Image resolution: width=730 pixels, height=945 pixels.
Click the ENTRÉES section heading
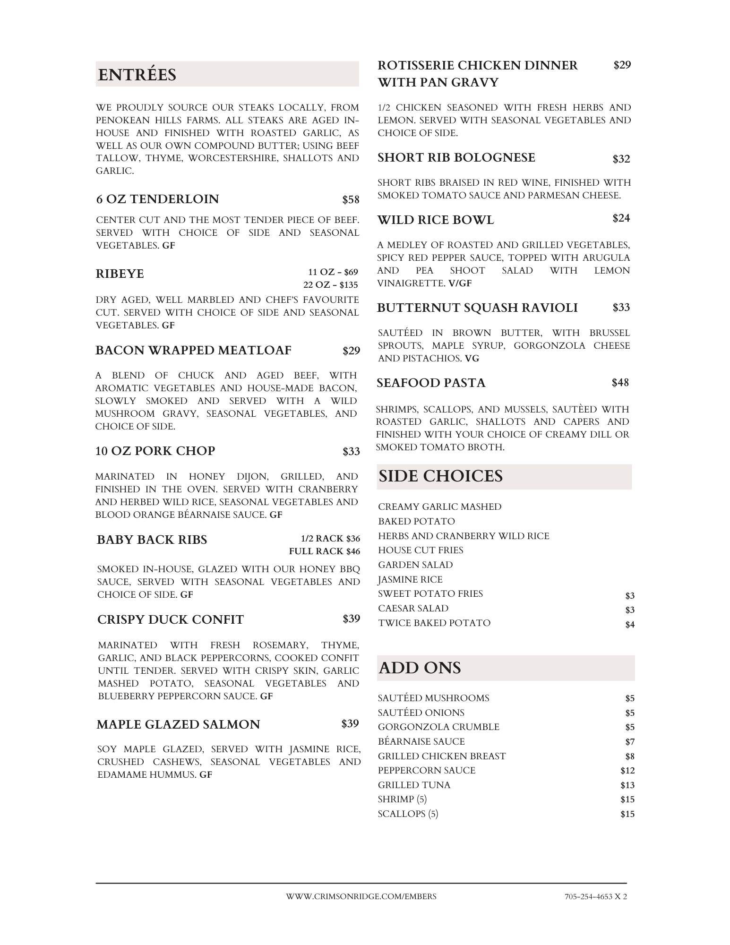point(137,75)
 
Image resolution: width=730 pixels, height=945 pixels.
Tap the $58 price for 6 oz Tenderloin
point(351,200)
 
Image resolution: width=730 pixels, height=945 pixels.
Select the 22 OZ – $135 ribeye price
point(330,285)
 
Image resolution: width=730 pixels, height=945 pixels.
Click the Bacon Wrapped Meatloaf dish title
point(193,351)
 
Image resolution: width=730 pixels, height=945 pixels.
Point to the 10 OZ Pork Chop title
point(155,451)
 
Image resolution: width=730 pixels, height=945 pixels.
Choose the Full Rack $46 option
point(324,551)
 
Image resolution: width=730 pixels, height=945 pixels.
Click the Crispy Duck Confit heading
point(170,620)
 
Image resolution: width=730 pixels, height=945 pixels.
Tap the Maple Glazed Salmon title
point(178,725)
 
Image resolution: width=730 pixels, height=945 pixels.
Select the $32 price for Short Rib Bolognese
point(621,159)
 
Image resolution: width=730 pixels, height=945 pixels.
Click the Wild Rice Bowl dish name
point(435,220)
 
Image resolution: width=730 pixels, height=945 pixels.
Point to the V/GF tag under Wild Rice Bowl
point(460,283)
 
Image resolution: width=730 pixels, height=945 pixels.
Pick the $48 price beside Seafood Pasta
point(620,383)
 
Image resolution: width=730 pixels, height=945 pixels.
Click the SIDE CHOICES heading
point(440,476)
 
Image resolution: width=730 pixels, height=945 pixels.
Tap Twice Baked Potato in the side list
point(434,623)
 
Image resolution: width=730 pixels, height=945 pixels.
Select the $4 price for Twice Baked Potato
point(629,625)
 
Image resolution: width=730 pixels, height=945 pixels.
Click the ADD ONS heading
point(420,668)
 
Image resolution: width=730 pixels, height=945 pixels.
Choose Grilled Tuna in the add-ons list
point(414,785)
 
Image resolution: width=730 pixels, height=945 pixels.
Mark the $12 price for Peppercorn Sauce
point(627,771)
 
